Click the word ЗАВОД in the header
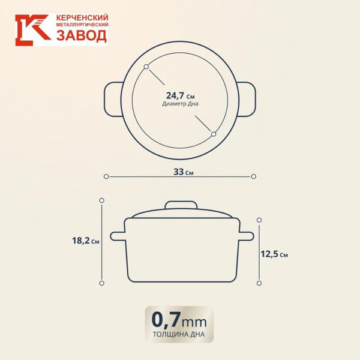(x=82, y=37)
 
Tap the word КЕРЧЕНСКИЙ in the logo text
(x=82, y=18)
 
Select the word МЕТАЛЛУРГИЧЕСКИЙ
(x=82, y=26)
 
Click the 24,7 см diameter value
(x=180, y=95)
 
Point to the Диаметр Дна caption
(x=180, y=104)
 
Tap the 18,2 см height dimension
(x=86, y=241)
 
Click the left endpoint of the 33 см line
(x=106, y=176)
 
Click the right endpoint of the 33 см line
(x=253, y=176)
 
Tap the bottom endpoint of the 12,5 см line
(x=259, y=281)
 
